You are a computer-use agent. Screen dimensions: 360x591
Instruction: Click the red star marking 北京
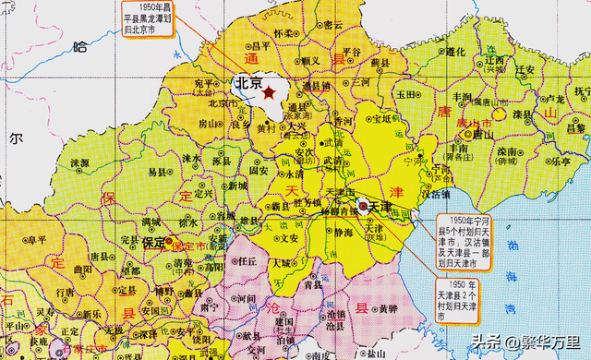coord(269,92)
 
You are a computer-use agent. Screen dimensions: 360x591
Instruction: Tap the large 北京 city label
coord(247,83)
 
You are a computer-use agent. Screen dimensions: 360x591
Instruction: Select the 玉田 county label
coord(407,93)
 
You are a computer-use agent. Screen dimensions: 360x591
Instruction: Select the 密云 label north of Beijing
coord(332,25)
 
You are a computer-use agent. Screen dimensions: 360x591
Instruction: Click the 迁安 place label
coord(526,68)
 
